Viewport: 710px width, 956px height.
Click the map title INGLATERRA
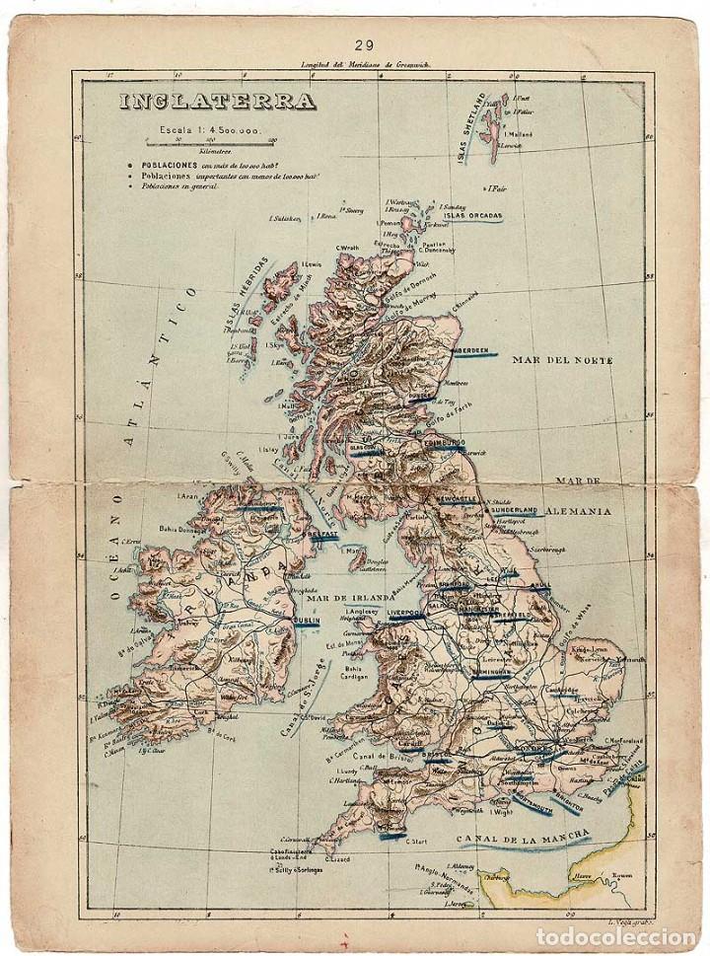(x=217, y=102)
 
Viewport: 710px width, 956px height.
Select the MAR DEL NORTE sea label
(x=561, y=361)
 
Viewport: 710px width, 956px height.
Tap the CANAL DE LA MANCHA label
(x=523, y=839)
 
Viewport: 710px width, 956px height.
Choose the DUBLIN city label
(x=307, y=621)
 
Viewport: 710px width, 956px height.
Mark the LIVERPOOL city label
(x=403, y=614)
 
